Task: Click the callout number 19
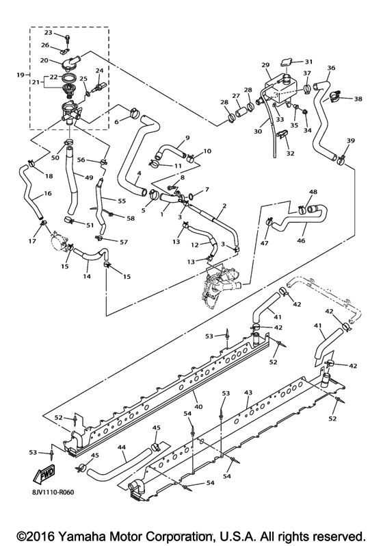(19, 74)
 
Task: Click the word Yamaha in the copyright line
(77, 534)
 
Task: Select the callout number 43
(248, 393)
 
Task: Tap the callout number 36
(331, 68)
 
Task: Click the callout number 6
(116, 121)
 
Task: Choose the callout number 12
(194, 245)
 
